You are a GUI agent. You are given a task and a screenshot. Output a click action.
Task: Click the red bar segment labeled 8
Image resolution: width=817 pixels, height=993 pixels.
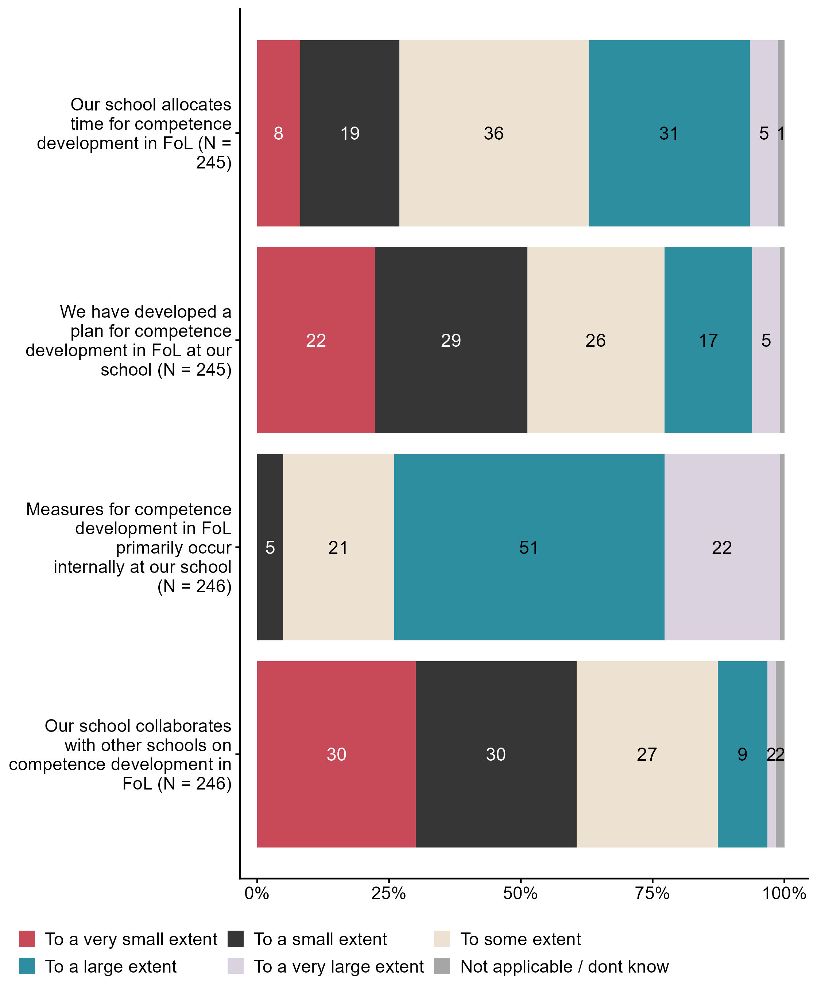pyautogui.click(x=278, y=133)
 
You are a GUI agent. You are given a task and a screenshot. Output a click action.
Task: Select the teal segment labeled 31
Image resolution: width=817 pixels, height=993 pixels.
pyautogui.click(x=669, y=133)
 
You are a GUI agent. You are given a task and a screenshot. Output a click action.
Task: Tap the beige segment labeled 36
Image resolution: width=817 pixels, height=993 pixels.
pyautogui.click(x=494, y=133)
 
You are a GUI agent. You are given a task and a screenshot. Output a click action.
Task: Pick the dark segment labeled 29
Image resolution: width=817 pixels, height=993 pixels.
pyautogui.click(x=451, y=340)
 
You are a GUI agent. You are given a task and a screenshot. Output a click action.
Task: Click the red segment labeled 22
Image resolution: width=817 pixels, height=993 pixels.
pyautogui.click(x=316, y=340)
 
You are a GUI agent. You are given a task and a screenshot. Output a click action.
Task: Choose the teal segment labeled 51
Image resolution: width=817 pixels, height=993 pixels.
pyautogui.click(x=529, y=547)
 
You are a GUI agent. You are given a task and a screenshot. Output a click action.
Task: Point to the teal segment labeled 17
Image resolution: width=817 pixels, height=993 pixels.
pyautogui.click(x=708, y=340)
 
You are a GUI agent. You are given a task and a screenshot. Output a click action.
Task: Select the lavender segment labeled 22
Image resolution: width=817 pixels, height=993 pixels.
pyautogui.click(x=722, y=547)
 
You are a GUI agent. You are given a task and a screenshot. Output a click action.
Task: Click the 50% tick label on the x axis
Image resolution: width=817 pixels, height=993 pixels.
pyautogui.click(x=520, y=893)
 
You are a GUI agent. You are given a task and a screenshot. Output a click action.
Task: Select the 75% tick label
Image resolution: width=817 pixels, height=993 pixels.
pyautogui.click(x=652, y=893)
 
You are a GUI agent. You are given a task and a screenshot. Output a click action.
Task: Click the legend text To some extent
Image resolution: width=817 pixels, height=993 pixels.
pyautogui.click(x=520, y=939)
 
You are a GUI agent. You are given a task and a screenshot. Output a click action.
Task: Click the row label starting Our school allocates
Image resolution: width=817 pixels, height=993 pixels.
pyautogui.click(x=134, y=133)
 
